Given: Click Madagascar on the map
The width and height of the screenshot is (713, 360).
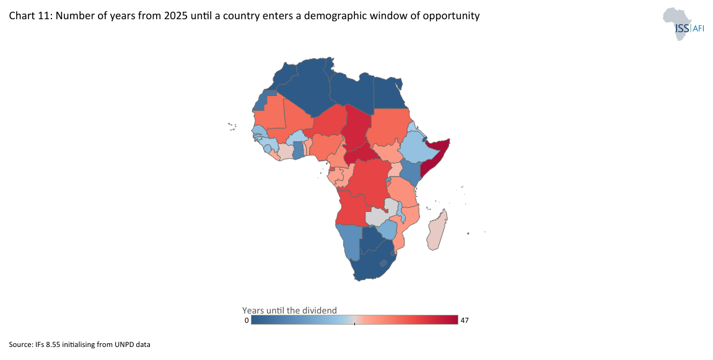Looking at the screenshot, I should tap(437, 230).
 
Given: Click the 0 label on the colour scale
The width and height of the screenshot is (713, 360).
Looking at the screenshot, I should tap(247, 320).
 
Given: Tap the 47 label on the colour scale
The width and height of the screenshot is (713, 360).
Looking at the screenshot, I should tap(465, 320).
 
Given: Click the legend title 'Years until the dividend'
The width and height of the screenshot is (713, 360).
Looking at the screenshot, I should tap(289, 310).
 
